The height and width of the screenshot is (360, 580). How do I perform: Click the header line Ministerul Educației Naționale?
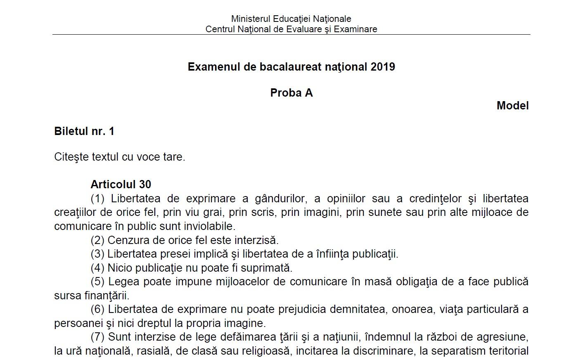[x=291, y=19]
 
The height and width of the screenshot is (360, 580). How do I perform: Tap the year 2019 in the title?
[x=383, y=67]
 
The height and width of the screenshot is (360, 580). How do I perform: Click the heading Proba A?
[x=291, y=93]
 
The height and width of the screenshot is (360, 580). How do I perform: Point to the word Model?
[x=512, y=106]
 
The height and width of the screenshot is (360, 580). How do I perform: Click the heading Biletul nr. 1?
[x=84, y=131]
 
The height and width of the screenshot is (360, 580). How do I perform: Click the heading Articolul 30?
[x=121, y=184]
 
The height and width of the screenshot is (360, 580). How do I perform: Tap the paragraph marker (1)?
[x=97, y=199]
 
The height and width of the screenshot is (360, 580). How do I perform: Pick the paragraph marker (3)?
[x=97, y=254]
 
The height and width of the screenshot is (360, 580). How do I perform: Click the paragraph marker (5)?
[x=97, y=282]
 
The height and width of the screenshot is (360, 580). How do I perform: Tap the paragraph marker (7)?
[x=97, y=337]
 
